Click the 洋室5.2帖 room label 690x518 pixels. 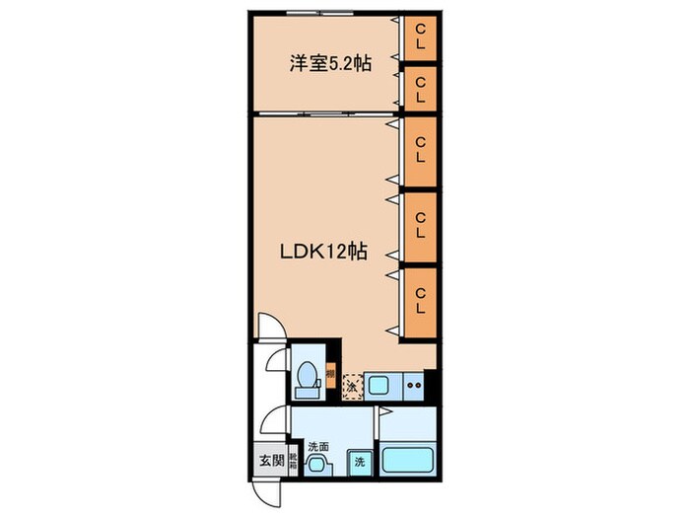click(x=316, y=64)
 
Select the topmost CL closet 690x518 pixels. click(x=420, y=39)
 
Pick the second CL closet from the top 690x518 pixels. click(x=420, y=89)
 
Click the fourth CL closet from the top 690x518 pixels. click(x=420, y=225)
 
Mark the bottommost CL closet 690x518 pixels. click(x=420, y=299)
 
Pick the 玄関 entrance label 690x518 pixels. click(x=272, y=461)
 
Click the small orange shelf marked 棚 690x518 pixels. click(x=331, y=375)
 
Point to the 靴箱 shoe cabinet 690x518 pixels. click(x=293, y=460)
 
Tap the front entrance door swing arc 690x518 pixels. click(x=264, y=489)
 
